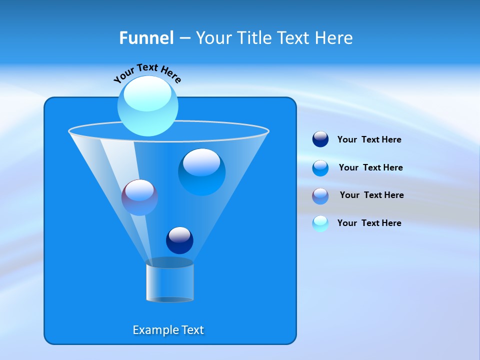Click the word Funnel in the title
[146, 38]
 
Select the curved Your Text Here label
[147, 72]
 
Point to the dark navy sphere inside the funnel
[179, 240]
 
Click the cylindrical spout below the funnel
[169, 281]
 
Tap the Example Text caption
[168, 330]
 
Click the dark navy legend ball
[320, 139]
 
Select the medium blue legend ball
[320, 168]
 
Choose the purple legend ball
[320, 196]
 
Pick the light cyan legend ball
[320, 223]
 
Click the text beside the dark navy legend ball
[369, 140]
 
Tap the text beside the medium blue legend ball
[370, 168]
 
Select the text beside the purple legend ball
[371, 195]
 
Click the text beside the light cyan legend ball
[369, 223]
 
